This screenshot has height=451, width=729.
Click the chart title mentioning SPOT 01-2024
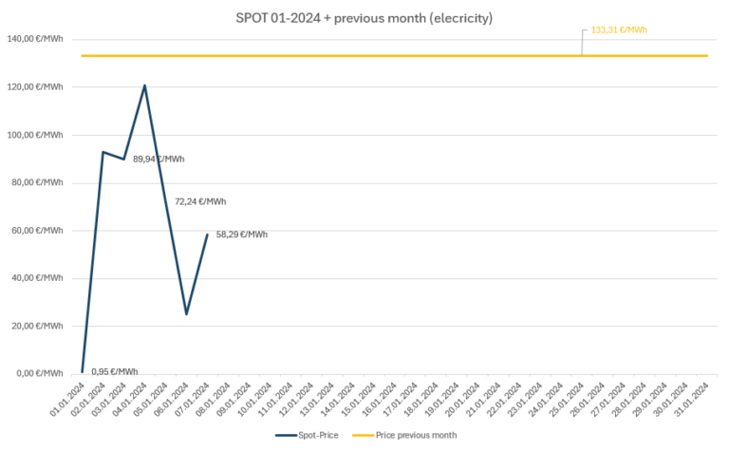click(x=364, y=18)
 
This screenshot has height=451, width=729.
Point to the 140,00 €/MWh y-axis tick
click(x=35, y=39)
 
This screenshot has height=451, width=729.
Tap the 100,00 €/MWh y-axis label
click(x=35, y=135)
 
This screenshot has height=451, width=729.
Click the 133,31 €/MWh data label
click(x=619, y=30)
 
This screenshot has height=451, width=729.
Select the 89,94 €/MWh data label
click(x=159, y=160)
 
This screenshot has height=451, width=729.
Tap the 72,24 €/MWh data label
click(x=200, y=201)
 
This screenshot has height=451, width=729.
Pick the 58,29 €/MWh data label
click(x=242, y=235)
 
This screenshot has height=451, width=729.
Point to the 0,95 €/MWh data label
click(x=115, y=371)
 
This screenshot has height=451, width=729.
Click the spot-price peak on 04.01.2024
click(x=144, y=85)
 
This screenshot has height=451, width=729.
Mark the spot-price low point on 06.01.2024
click(x=186, y=313)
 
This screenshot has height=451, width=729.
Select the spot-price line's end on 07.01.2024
click(x=207, y=234)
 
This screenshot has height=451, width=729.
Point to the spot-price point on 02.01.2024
click(x=103, y=152)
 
